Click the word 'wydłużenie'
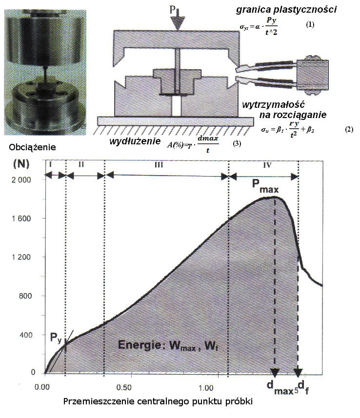coord(128,141)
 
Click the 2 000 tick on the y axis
coord(21,179)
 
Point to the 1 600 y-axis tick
coord(21,219)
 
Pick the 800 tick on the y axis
coord(24,296)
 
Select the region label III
coord(158,165)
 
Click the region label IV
coord(267,165)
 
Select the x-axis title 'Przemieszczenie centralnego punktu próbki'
coord(159,402)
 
